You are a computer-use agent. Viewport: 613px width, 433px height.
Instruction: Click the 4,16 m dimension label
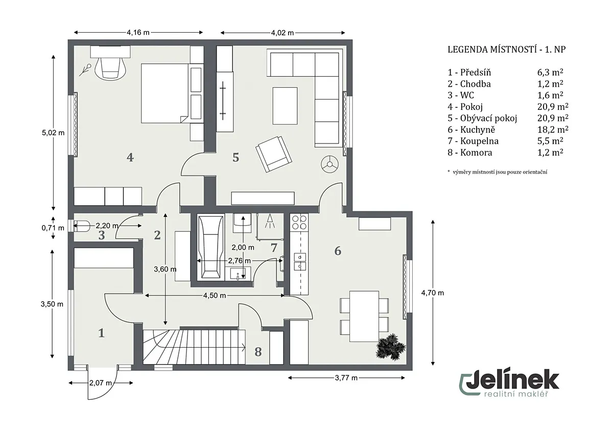(x=138, y=33)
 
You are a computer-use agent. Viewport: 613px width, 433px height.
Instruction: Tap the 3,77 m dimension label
(x=346, y=378)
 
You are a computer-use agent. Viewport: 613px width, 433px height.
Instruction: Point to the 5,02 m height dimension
(x=53, y=133)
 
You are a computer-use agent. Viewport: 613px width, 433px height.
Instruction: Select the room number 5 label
(x=235, y=158)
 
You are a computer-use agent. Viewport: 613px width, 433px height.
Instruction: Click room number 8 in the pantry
(x=258, y=352)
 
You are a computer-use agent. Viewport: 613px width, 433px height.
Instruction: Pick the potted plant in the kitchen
(x=390, y=347)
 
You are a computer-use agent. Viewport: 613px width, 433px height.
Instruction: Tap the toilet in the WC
(x=81, y=226)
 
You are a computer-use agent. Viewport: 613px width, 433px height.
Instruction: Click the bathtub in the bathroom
(x=210, y=248)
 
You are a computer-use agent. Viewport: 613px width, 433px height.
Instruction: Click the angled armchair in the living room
(x=274, y=154)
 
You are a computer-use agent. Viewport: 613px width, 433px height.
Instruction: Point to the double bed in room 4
(x=164, y=93)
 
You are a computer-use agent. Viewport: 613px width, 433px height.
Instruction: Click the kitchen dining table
(x=364, y=316)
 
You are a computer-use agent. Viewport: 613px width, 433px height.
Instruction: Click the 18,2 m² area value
(x=553, y=129)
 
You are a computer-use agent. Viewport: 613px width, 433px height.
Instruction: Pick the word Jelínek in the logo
(x=512, y=380)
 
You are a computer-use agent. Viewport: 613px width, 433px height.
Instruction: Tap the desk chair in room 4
(x=110, y=68)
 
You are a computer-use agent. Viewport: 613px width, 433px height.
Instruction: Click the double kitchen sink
(x=300, y=262)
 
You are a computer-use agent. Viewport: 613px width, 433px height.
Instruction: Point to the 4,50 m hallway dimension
(x=215, y=296)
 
